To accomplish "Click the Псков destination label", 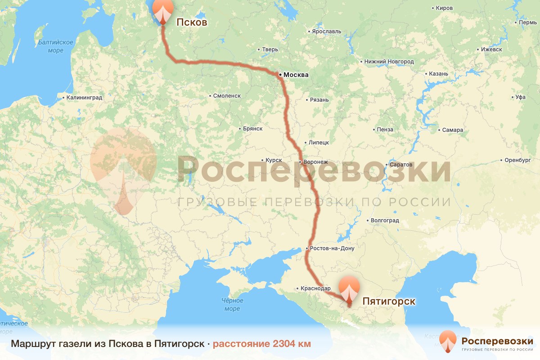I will pos(192,22).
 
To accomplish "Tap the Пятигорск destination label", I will pos(389,301).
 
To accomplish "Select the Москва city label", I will pos(296,75).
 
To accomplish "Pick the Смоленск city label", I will pos(227,96).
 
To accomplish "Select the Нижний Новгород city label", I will pos(389,61).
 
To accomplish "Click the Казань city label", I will pos(439,74).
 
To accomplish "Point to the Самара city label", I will pos(452,130).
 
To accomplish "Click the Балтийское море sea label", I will pos(56,46).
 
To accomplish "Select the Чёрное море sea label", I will pos(232,305).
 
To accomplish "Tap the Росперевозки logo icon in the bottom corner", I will pos(448,341).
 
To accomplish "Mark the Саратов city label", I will pos(401,165).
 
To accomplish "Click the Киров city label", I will pos(447,8).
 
